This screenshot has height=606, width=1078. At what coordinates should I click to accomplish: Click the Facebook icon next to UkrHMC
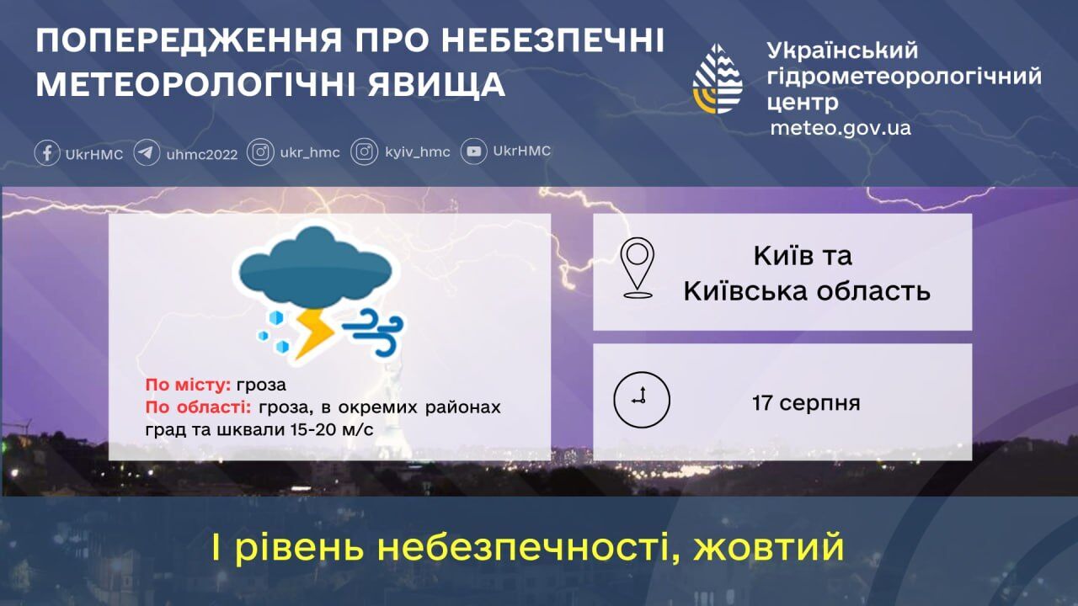point(47,152)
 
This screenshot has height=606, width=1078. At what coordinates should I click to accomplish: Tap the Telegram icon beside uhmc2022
point(147,152)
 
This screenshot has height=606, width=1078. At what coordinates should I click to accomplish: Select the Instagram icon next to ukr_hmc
point(261,152)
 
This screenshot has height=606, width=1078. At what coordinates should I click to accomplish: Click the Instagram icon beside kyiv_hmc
point(365,152)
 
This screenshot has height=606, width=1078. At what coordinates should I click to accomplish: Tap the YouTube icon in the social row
point(474,151)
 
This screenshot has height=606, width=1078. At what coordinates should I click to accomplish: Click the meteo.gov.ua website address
point(840,129)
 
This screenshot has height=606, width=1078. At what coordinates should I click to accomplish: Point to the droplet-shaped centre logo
point(718,79)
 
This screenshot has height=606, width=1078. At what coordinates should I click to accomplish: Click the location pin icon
point(638,268)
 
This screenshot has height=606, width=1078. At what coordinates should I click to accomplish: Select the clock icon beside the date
point(642,400)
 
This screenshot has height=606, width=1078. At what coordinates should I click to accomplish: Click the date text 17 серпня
point(806,402)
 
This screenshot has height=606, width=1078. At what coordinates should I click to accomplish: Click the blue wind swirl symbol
point(373,331)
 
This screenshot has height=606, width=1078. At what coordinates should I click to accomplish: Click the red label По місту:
point(188,385)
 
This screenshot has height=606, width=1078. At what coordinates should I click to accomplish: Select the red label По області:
point(199,407)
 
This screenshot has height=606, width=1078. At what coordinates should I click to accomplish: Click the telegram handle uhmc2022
point(202,153)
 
